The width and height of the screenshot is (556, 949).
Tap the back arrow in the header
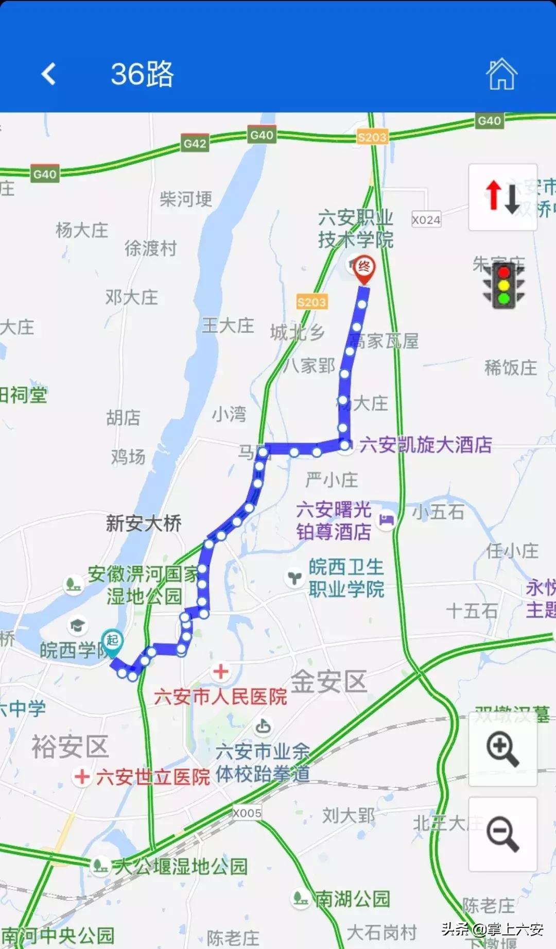48,74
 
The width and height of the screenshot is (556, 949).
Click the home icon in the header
501,74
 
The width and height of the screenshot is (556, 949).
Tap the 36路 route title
143,74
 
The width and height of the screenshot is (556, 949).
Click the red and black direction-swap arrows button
502,197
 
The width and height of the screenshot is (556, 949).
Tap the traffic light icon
503,285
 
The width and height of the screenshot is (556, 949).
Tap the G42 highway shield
195,143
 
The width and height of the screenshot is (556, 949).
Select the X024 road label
426,220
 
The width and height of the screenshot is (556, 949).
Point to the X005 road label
247,813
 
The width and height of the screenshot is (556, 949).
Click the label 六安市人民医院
220,697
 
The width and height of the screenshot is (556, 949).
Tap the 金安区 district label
329,682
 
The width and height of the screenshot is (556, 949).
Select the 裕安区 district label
70,747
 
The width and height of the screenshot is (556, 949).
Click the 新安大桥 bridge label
144,523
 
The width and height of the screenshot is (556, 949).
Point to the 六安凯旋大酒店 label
425,445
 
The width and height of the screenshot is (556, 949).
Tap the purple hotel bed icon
387,520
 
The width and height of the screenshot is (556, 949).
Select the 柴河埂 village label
186,199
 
